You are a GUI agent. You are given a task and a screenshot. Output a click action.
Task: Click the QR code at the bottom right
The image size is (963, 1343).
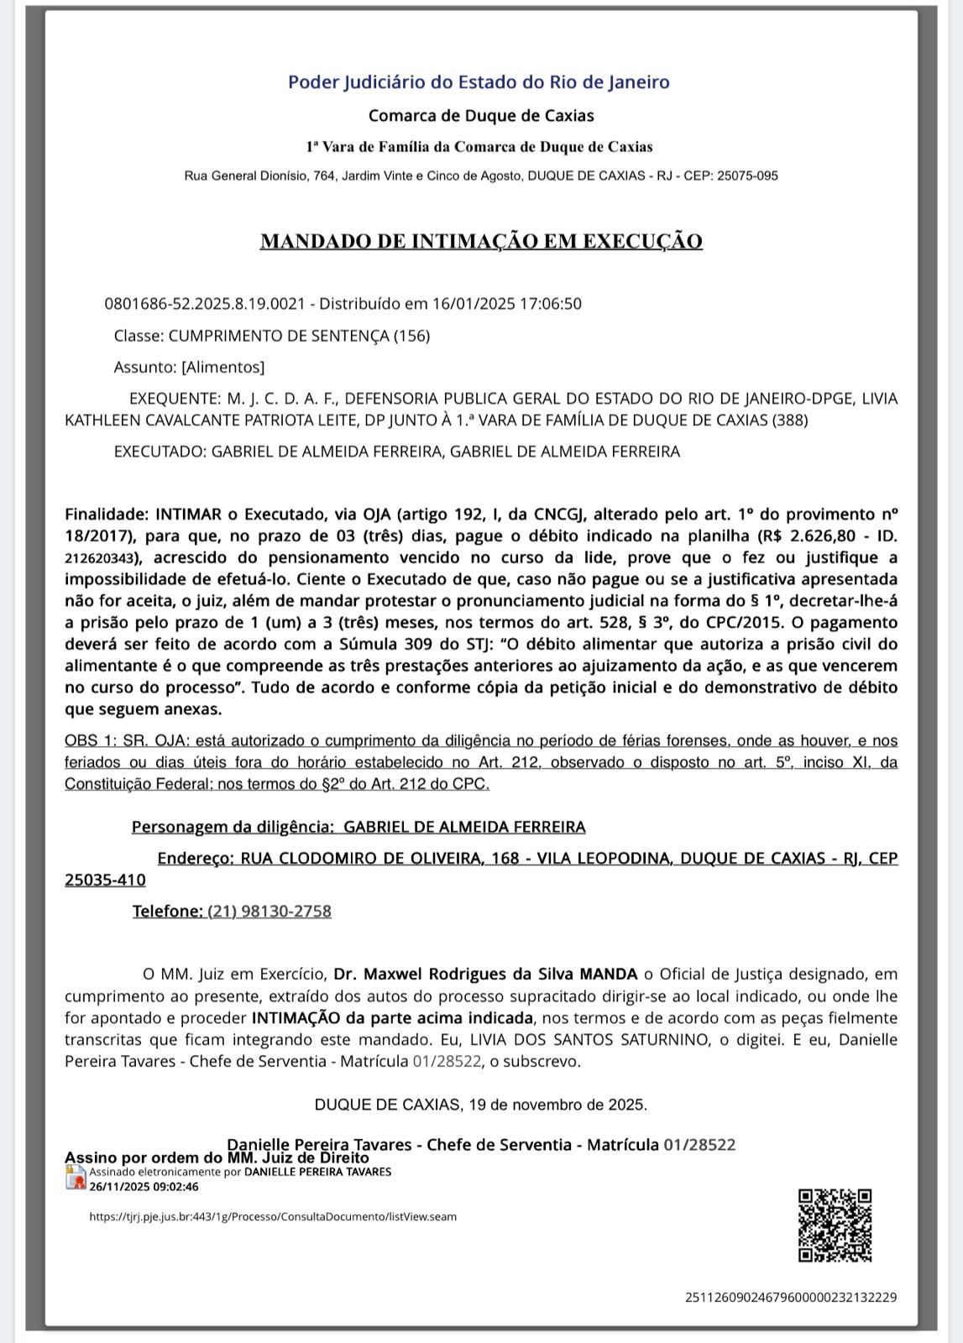[x=835, y=1225]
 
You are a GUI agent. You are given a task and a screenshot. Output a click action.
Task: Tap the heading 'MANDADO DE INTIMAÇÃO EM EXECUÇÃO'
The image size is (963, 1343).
[x=481, y=241]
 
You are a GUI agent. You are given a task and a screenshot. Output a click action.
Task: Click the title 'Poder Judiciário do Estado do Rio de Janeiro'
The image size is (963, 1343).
[x=479, y=82]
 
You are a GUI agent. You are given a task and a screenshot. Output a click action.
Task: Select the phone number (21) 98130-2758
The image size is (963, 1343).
[x=270, y=911]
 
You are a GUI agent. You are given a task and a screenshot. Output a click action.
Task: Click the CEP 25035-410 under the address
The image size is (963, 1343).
[x=105, y=880]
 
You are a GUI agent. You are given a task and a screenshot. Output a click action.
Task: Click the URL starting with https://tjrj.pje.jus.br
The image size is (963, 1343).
[x=273, y=1216]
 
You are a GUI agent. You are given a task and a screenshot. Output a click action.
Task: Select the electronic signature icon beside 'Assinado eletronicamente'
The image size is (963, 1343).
[x=76, y=1178]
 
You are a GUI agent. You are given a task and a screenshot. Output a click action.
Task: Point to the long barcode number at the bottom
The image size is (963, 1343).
[x=790, y=1297]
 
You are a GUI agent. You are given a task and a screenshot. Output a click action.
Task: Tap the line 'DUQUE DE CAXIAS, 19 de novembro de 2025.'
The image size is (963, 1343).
[x=481, y=1105]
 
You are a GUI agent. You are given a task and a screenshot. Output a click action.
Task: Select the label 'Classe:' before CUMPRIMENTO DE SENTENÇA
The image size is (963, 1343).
[x=139, y=336]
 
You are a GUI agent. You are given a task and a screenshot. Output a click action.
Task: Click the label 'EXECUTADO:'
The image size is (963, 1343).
[x=160, y=452]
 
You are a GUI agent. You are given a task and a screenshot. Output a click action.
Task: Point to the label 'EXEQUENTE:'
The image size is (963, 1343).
[x=174, y=399]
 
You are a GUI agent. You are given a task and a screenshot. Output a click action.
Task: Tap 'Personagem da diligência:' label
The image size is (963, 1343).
[x=233, y=827]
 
